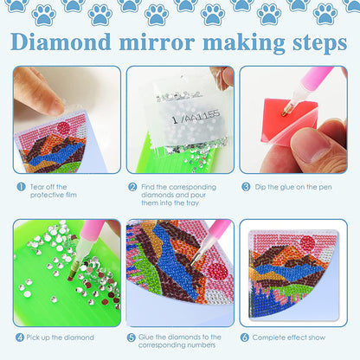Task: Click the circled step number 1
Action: click(x=19, y=186)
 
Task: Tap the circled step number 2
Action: click(x=132, y=186)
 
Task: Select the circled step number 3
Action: click(x=246, y=186)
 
